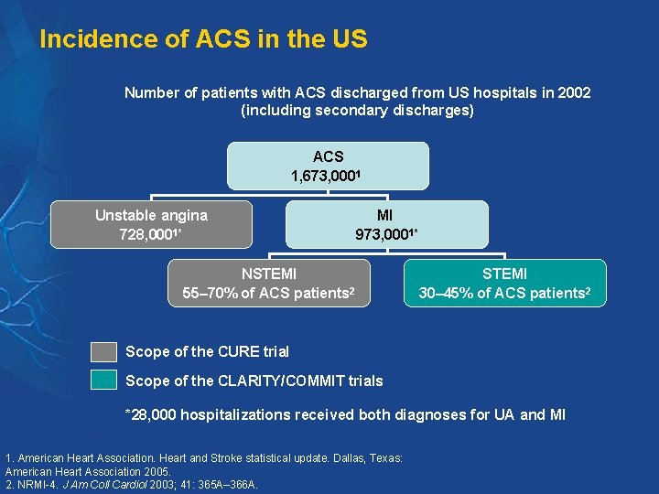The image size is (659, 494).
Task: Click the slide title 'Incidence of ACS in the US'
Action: click(x=203, y=39)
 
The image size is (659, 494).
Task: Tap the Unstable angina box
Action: click(x=151, y=225)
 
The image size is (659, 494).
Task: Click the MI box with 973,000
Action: click(x=386, y=225)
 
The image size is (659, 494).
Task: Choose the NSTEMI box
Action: click(x=268, y=283)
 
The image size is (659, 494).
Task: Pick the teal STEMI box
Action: click(x=504, y=283)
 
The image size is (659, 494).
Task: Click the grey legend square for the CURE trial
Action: click(x=103, y=352)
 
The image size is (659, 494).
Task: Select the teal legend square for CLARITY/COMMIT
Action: click(x=103, y=381)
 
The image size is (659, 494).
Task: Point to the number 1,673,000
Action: click(x=323, y=176)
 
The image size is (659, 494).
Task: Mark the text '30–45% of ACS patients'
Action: click(x=502, y=294)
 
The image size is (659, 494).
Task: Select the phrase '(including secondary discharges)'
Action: click(x=357, y=111)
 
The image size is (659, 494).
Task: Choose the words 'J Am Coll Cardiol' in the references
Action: click(x=101, y=484)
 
